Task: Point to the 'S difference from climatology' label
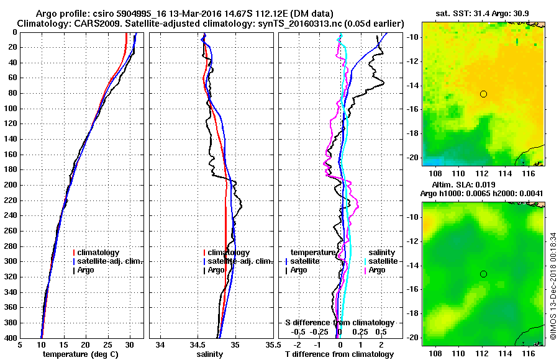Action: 340,323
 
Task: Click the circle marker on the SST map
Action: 483,94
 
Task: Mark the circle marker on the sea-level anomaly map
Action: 483,274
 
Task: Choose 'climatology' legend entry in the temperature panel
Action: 97,253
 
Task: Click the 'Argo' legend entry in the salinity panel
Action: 216,270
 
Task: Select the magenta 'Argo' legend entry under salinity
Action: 377,270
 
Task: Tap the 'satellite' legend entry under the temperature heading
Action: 304,261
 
